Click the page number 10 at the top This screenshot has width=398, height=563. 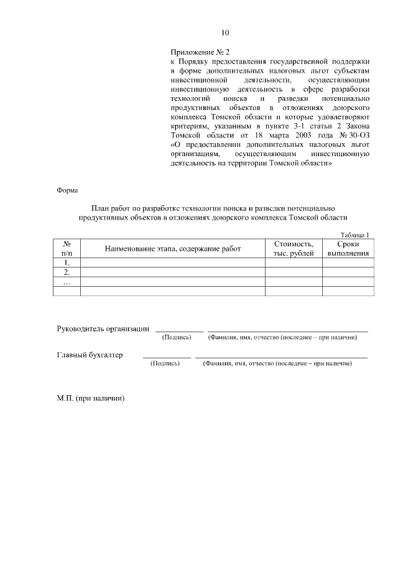tap(225, 33)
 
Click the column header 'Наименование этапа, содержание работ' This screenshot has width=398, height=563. tap(173, 249)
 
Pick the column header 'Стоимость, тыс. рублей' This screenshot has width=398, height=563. tap(294, 249)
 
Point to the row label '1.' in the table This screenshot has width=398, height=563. tap(67, 263)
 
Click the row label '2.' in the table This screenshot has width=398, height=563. tap(67, 272)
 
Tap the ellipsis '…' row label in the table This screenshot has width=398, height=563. tap(67, 282)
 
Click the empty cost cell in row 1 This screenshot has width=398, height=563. tap(294, 263)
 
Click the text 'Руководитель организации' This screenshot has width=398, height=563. tap(103, 328)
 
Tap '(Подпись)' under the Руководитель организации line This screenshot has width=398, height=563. tap(177, 337)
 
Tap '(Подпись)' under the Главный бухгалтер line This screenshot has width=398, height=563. tap(165, 364)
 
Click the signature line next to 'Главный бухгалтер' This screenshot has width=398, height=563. tap(167, 358)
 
